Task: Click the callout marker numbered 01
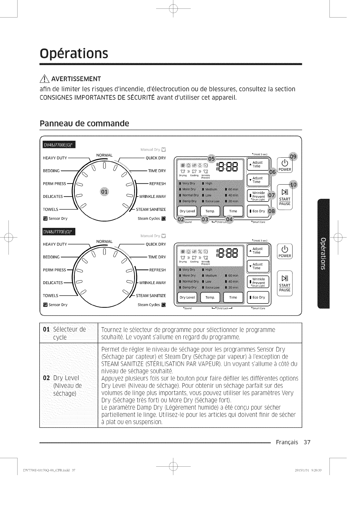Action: pyautogui.click(x=104, y=192)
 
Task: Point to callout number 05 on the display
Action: pyautogui.click(x=211, y=159)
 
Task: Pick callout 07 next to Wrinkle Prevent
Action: pyautogui.click(x=272, y=195)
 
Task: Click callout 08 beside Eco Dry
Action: pyautogui.click(x=272, y=211)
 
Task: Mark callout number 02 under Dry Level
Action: pyautogui.click(x=181, y=219)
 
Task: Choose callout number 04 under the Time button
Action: pyautogui.click(x=230, y=219)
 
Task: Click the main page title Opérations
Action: pyautogui.click(x=74, y=53)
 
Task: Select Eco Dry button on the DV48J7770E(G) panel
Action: pyautogui.click(x=259, y=297)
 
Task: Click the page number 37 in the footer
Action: pyautogui.click(x=307, y=442)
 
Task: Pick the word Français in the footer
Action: pyautogui.click(x=287, y=442)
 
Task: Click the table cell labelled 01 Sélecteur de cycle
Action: pyautogui.click(x=69, y=333)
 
